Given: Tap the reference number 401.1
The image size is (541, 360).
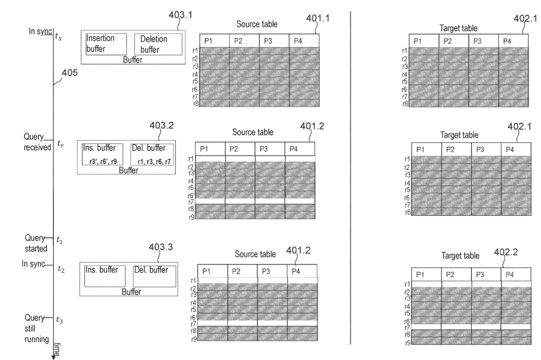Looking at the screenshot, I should (319, 19).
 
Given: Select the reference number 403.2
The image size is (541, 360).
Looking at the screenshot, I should (162, 127).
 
